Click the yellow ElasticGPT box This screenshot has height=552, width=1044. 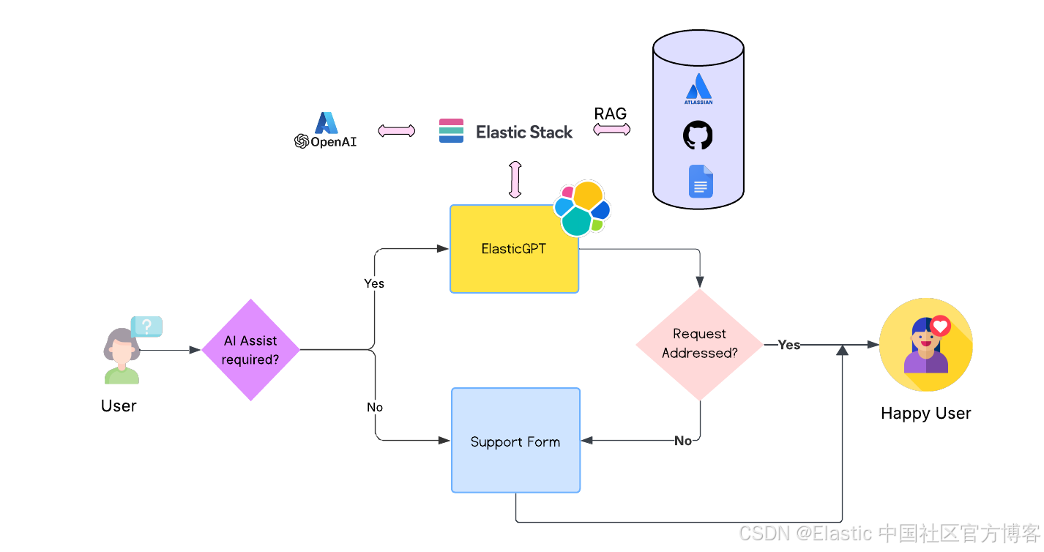[514, 249]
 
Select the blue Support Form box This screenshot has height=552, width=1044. [515, 440]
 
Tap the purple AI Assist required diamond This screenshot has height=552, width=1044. [250, 350]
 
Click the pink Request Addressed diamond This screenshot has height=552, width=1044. [700, 344]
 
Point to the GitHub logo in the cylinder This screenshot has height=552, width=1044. [698, 135]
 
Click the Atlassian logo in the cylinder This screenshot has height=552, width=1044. [698, 89]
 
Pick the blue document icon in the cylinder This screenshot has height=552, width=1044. [701, 182]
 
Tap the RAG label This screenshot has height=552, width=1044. [610, 113]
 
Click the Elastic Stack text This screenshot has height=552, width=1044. [524, 132]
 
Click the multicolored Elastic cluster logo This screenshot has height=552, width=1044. [581, 208]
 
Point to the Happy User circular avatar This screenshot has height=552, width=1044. [925, 345]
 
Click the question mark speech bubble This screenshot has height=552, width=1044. [147, 327]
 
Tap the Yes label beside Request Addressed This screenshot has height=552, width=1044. [788, 345]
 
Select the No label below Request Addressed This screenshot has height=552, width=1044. [683, 441]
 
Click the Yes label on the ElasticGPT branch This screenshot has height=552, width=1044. [374, 283]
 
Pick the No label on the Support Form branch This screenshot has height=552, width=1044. [375, 407]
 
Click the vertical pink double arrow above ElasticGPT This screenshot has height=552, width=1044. [515, 179]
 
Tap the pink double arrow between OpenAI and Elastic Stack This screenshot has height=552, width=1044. [396, 130]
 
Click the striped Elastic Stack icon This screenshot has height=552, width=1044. [451, 130]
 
